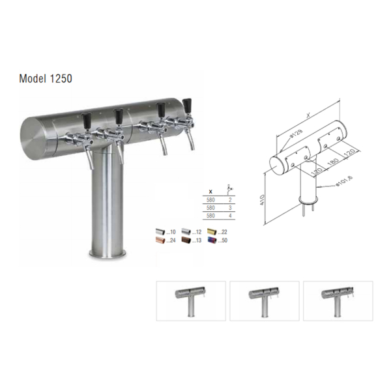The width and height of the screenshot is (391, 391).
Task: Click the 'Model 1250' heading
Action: tap(46, 78)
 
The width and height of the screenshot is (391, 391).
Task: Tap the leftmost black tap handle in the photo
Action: tap(85, 119)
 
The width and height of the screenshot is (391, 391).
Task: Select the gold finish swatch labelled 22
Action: tap(213, 231)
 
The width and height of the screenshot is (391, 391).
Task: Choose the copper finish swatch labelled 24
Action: tap(160, 240)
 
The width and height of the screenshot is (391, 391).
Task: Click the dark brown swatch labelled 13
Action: tap(186, 240)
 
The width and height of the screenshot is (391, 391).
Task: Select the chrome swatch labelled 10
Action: tap(160, 231)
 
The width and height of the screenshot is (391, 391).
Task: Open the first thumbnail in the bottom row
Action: tap(191, 300)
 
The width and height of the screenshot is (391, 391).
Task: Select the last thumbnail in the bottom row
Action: tap(338, 300)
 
